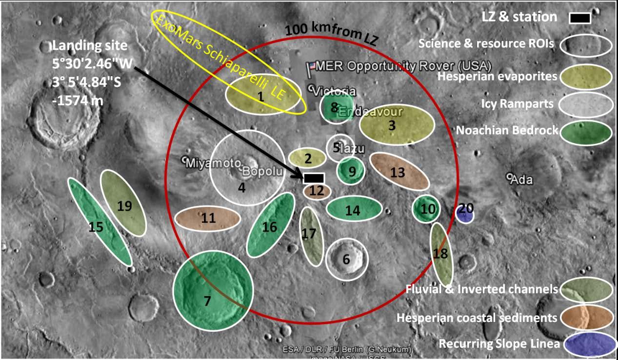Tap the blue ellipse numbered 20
[x=464, y=214]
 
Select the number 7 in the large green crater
[x=207, y=301]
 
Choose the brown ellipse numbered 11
[x=207, y=219]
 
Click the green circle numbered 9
[x=351, y=171]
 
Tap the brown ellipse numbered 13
[x=399, y=171]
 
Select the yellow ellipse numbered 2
[x=307, y=158]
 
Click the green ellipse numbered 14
[x=354, y=210]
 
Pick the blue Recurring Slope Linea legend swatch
[x=589, y=343]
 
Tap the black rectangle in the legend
[x=579, y=18]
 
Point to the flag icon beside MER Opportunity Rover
[x=310, y=67]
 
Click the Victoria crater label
[x=334, y=91]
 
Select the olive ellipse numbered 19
[x=123, y=203]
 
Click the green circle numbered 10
[x=427, y=209]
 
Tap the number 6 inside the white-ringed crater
[x=346, y=260]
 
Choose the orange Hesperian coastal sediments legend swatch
[x=587, y=317]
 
